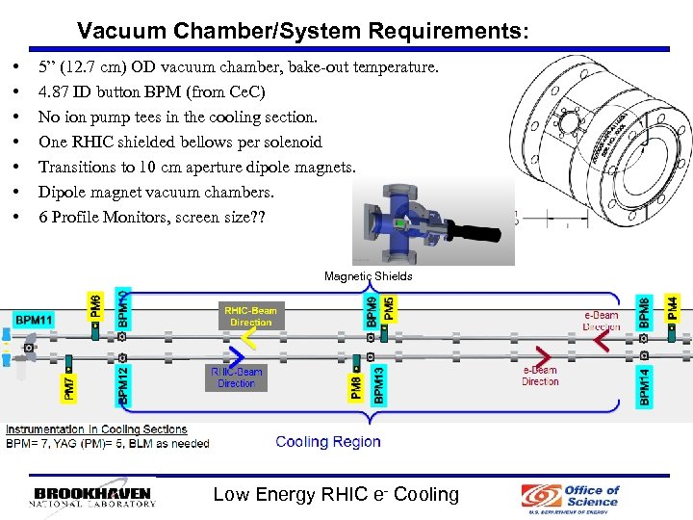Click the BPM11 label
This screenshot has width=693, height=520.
[x=34, y=319]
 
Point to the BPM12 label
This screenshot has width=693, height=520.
[x=122, y=381]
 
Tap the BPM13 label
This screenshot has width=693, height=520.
[x=378, y=382]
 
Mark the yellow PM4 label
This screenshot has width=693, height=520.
[x=673, y=309]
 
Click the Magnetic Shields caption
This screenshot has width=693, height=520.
[x=368, y=276]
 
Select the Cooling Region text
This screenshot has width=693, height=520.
[x=327, y=442]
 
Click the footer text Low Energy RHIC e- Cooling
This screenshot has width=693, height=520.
[x=336, y=495]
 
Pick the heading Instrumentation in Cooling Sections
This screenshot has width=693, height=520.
[x=96, y=429]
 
